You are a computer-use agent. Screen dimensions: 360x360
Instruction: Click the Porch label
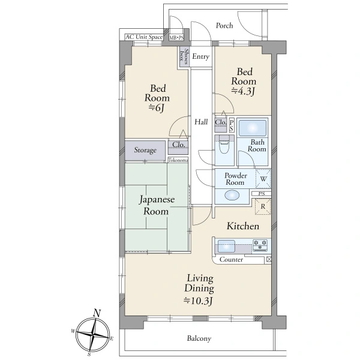pos(224,25)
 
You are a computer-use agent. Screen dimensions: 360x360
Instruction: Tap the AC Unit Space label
pos(144,37)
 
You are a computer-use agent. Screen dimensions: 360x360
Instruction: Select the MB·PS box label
pos(176,38)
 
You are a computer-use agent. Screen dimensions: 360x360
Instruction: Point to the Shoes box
pos(184,56)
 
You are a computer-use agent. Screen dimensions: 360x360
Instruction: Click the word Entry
pos(201,56)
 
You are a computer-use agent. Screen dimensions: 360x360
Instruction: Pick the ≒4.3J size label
pos(243,91)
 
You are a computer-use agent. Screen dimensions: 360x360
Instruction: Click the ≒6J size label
pos(157,108)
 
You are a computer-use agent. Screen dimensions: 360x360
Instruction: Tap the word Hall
pos(201,122)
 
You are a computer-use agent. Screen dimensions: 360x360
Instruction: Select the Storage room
pos(145,151)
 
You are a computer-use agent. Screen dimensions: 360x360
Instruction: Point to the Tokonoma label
pos(178,160)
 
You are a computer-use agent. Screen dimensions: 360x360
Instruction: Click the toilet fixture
pos(224,145)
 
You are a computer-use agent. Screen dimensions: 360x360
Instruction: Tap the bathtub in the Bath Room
pos(253,127)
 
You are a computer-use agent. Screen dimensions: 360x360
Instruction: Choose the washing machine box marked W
pos(263,179)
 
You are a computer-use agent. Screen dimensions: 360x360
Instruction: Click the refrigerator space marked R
pos(263,206)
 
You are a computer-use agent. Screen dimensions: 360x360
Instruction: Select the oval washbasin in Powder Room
pos(232,196)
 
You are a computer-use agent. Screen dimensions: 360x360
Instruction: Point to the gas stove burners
pos(260,245)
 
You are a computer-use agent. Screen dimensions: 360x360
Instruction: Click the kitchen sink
pos(226,246)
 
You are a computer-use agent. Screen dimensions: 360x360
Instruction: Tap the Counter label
pos(231,260)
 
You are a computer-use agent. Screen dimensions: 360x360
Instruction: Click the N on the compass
pos(97,313)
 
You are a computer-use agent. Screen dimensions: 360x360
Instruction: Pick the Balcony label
pos(199,338)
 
